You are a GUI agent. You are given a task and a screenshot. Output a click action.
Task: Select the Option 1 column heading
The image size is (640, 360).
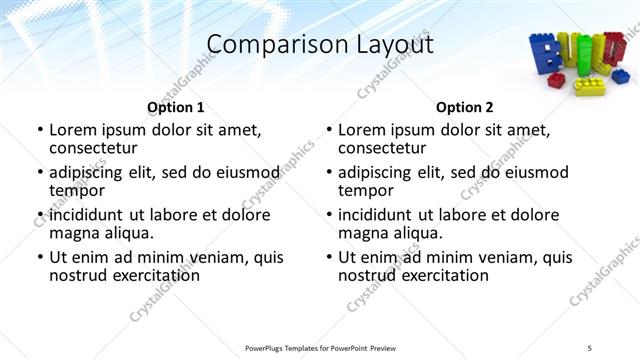[x=176, y=107]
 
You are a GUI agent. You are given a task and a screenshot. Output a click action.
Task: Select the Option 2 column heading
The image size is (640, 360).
[x=465, y=107]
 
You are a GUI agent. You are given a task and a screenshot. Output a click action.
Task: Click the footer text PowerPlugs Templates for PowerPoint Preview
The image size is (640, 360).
[x=320, y=348]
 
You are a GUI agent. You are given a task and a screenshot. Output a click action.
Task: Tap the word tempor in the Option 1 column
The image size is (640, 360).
[x=77, y=190]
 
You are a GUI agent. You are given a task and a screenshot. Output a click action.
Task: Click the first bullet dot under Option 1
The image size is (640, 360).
[x=39, y=131]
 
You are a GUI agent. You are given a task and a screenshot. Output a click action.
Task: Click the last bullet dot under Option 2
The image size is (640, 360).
[x=328, y=258]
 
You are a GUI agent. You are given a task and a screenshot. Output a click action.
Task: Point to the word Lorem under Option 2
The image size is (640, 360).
[x=361, y=130]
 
